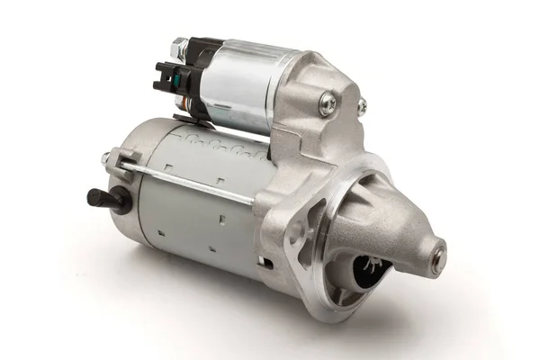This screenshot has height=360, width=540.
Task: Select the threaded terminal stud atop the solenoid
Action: click(x=180, y=46)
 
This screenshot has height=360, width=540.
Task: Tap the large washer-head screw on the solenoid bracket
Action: click(x=327, y=104)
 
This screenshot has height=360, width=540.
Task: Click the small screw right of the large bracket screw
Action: click(x=362, y=107)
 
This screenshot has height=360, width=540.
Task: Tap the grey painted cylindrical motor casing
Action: click(x=198, y=216)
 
